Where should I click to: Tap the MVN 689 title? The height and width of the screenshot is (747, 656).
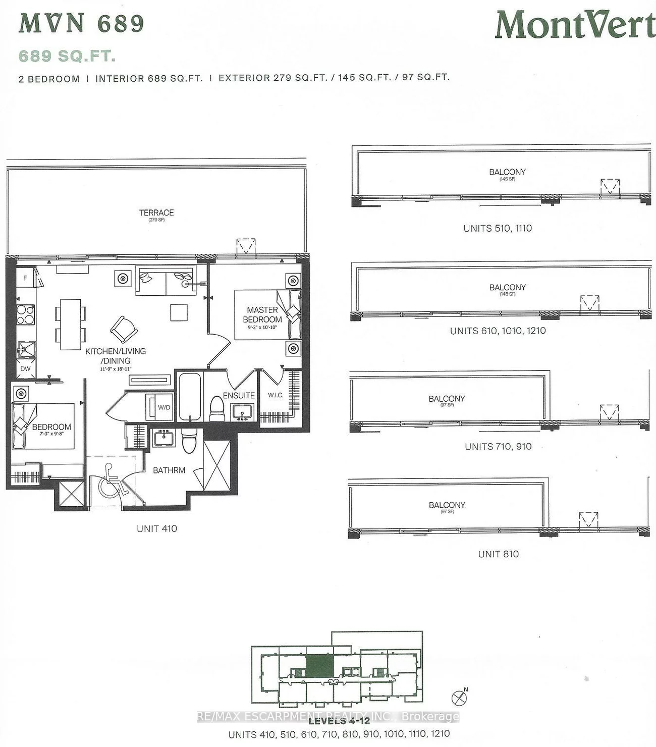pos(81,24)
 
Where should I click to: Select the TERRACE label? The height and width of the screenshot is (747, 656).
pos(156,213)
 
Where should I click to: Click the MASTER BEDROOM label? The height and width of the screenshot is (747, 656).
pos(262,314)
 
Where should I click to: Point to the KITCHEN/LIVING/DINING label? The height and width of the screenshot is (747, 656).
pos(116,356)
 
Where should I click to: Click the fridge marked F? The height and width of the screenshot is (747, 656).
pos(25,278)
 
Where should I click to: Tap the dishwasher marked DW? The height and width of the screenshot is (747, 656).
pos(25,368)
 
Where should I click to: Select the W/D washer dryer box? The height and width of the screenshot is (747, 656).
pos(163,407)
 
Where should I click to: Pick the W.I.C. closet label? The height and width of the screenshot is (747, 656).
pos(276,395)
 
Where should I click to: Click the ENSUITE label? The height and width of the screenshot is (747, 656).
pos(239,395)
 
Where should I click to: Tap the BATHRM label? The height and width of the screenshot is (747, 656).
pos(169,470)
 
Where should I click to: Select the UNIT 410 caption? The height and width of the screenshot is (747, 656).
pos(157,528)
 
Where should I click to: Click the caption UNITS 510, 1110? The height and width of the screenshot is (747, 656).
pos(498,228)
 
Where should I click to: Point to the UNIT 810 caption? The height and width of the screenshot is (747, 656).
pos(498,554)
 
